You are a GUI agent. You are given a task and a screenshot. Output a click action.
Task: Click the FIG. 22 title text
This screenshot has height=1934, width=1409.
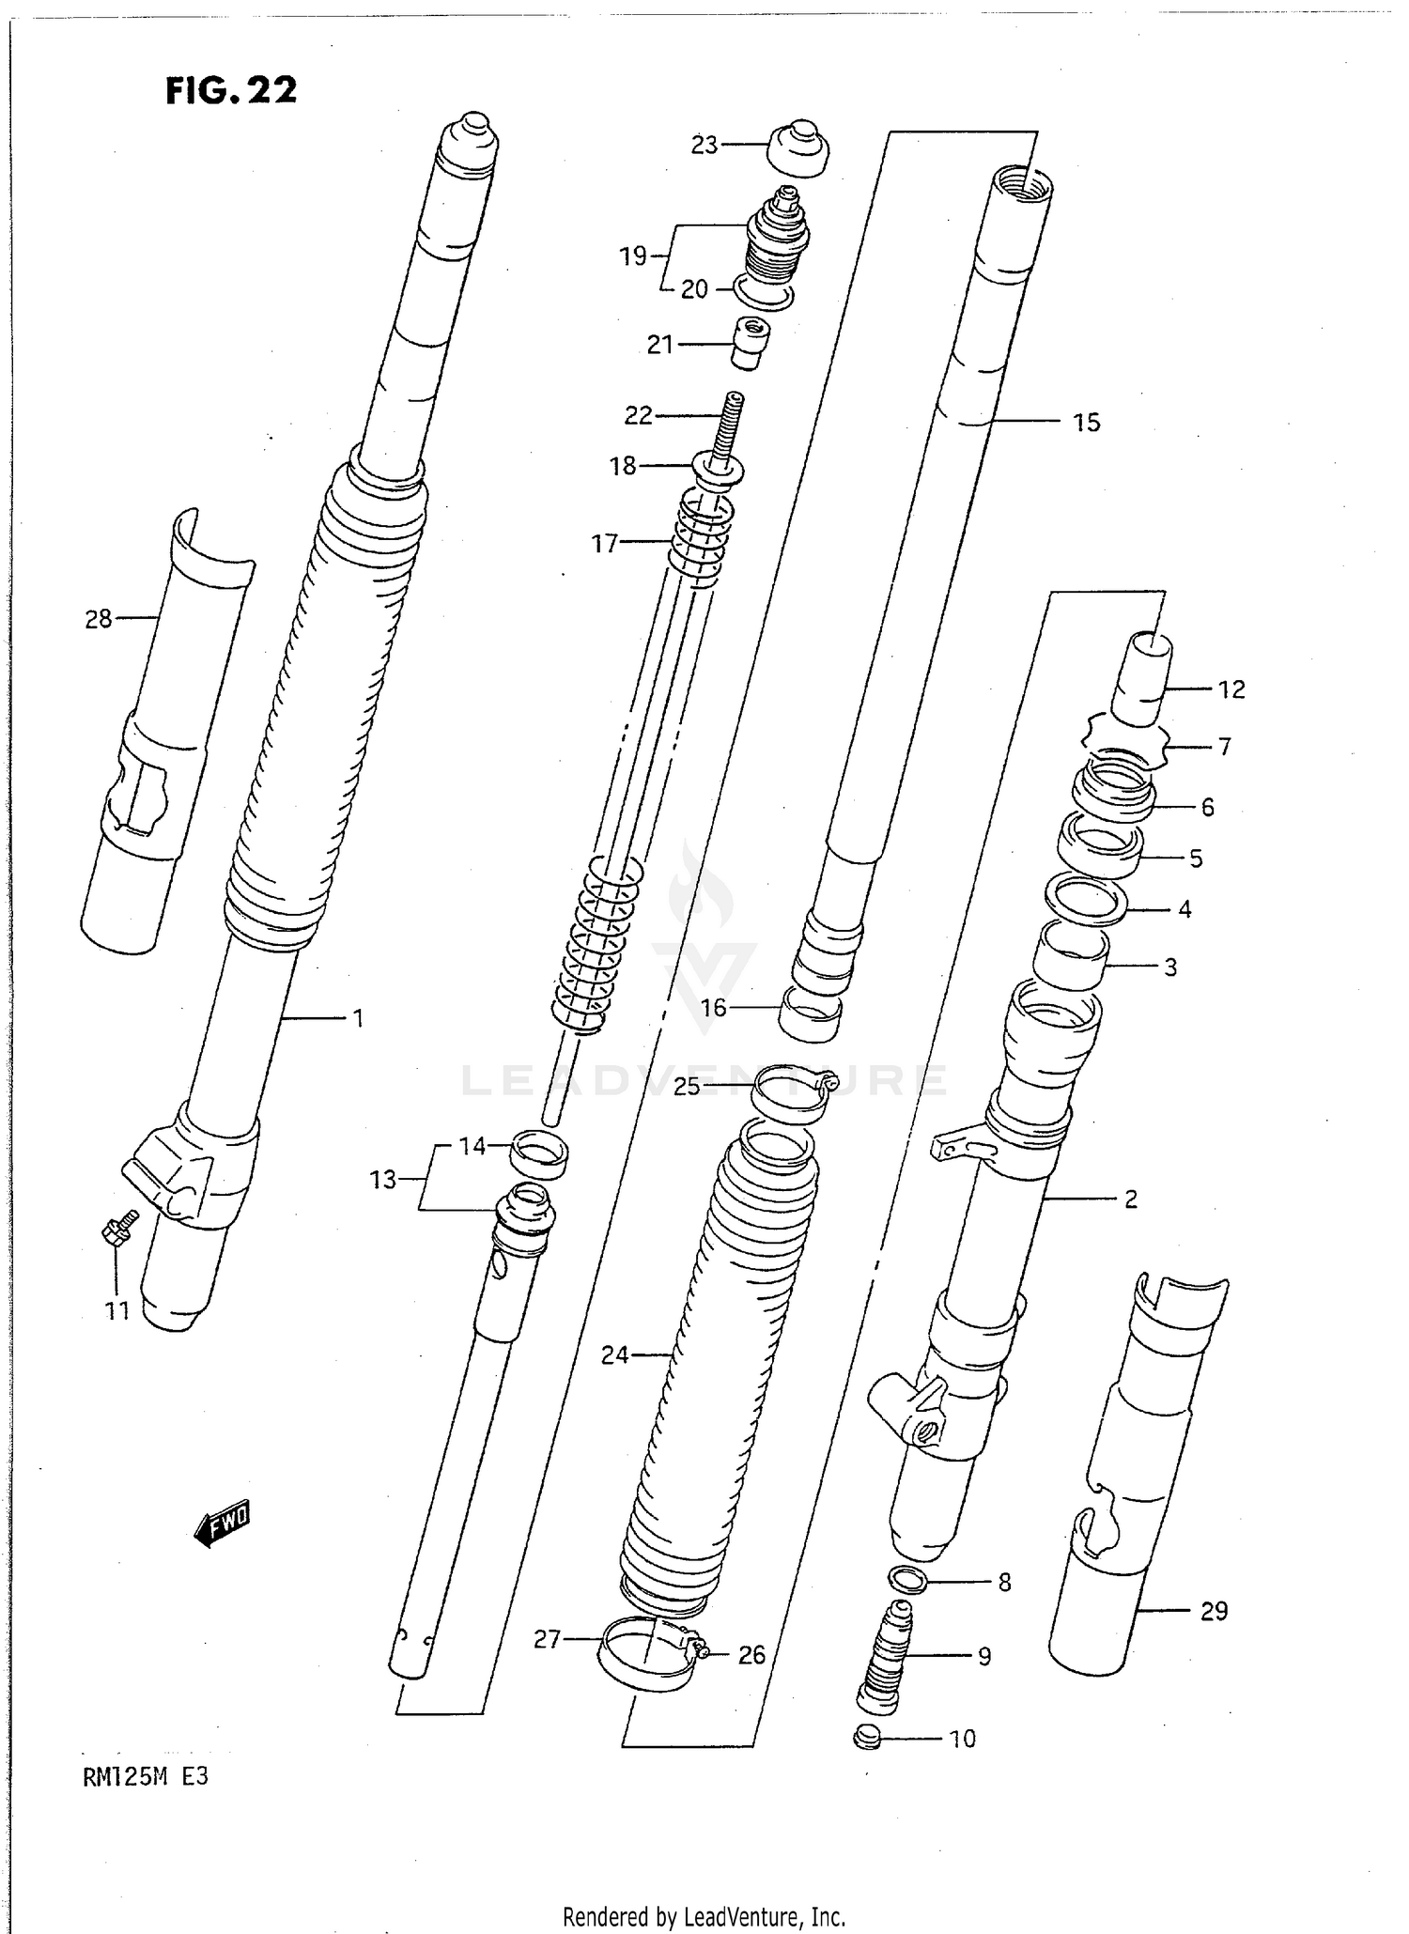coord(231,90)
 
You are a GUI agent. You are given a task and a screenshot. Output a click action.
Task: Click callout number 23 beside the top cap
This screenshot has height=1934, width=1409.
coord(704,145)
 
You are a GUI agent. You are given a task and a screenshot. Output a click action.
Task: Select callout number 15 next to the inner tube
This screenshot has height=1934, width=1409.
coord(1087,423)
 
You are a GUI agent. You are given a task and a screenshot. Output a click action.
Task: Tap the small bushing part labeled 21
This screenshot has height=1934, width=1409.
coord(750,345)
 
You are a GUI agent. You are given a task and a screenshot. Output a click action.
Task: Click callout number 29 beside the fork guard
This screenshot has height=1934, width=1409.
coord(1214,1611)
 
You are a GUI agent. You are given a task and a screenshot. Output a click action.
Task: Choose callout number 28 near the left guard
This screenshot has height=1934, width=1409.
coord(99,619)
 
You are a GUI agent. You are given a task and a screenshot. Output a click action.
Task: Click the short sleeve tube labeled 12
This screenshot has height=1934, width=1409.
coord(1139,679)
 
